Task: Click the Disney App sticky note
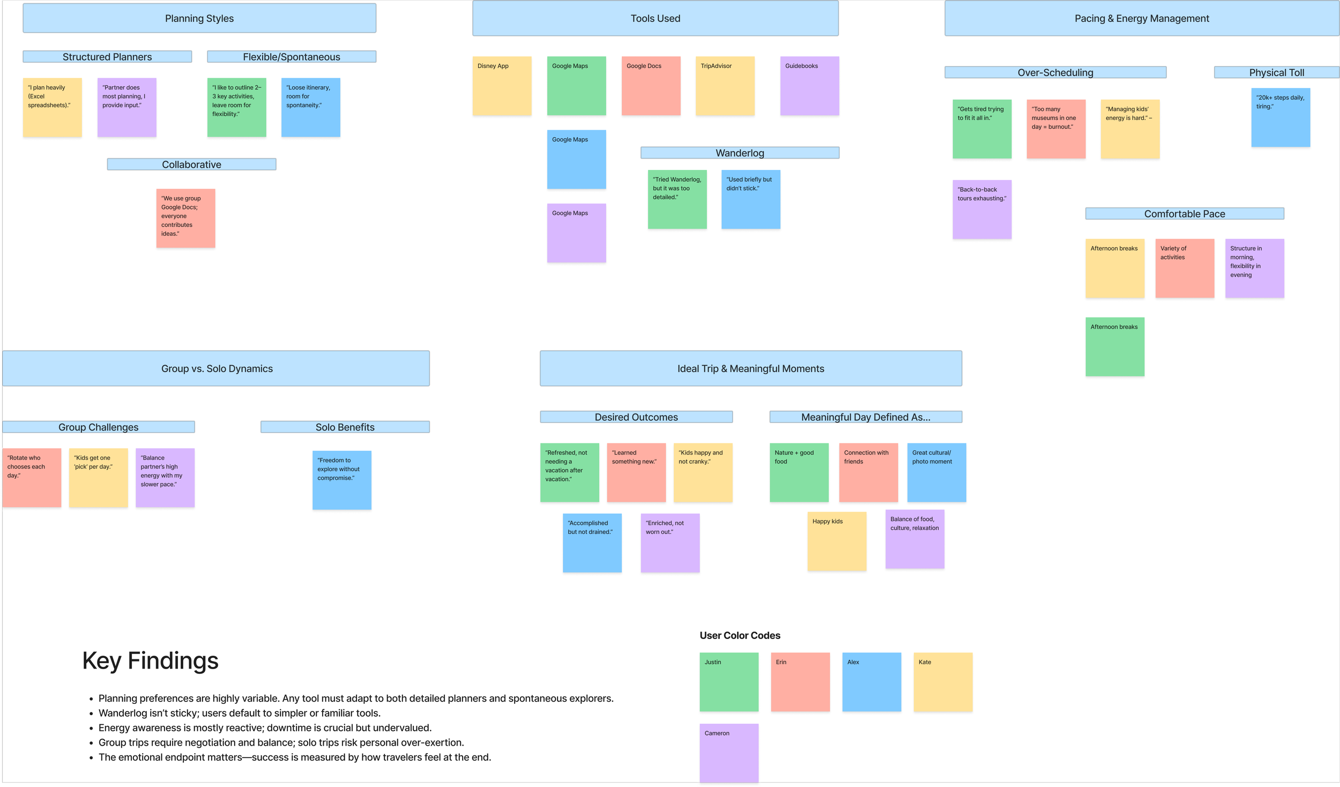pos(502,86)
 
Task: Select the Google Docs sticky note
pos(651,86)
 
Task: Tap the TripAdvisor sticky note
pos(725,86)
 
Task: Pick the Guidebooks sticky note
pos(809,86)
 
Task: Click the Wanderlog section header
pos(740,153)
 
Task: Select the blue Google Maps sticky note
pos(576,159)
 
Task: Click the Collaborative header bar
pos(191,165)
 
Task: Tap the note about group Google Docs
pos(185,218)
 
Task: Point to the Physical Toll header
pos(1276,72)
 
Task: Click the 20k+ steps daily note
pos(1281,117)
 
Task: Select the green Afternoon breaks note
pos(1115,347)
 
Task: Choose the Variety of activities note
pos(1185,268)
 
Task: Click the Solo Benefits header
pos(345,427)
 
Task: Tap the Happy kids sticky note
pos(837,541)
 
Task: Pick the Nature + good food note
pos(799,472)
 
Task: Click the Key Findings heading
pos(150,660)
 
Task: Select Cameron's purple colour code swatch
pos(729,753)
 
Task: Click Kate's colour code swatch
pos(943,682)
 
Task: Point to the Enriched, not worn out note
pos(670,543)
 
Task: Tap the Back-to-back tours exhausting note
pos(981,210)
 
